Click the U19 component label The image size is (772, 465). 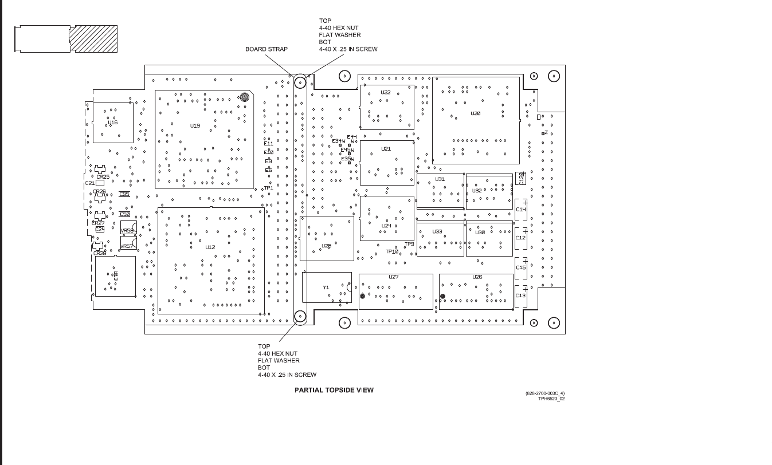tap(195, 125)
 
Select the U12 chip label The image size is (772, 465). tap(210, 247)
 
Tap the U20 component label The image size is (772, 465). tap(475, 113)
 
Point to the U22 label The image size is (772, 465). tap(386, 92)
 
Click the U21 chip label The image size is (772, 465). tap(386, 149)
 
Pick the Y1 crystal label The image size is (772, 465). tap(326, 287)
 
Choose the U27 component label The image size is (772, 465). tap(393, 277)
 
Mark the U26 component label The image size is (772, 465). tap(477, 277)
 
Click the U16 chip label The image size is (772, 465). tap(113, 123)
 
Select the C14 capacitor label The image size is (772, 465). tap(520, 210)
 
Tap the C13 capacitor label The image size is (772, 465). tap(520, 295)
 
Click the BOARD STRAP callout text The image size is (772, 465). tap(267, 49)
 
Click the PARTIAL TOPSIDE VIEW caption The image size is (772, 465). tap(334, 390)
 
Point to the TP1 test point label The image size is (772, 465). tap(268, 188)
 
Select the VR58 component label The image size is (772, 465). tap(127, 231)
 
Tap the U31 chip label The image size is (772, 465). tap(440, 179)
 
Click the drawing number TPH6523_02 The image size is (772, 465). tap(551, 399)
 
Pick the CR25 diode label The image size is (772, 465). tap(103, 177)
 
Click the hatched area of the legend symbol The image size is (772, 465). tap(93, 39)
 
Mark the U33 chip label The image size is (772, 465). tap(437, 232)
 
